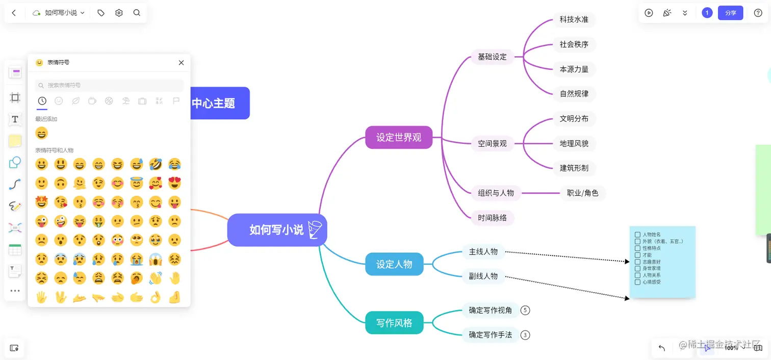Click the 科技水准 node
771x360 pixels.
574,20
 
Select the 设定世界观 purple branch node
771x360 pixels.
399,138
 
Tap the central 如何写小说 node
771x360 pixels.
277,230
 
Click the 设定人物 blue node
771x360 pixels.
394,264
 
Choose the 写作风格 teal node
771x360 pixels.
394,323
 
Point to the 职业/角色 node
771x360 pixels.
582,193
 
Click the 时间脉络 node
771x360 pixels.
492,218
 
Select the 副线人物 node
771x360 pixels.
483,276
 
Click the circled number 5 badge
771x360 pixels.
525,310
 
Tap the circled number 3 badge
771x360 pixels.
525,335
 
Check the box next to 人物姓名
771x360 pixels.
637,235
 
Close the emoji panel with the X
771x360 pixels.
181,63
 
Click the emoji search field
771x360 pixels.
109,85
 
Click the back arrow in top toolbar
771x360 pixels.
14,13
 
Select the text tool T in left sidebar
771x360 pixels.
15,119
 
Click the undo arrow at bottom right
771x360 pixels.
662,348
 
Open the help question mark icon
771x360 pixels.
758,13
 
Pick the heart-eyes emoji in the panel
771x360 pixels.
174,183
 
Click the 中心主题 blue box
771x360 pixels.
219,104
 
